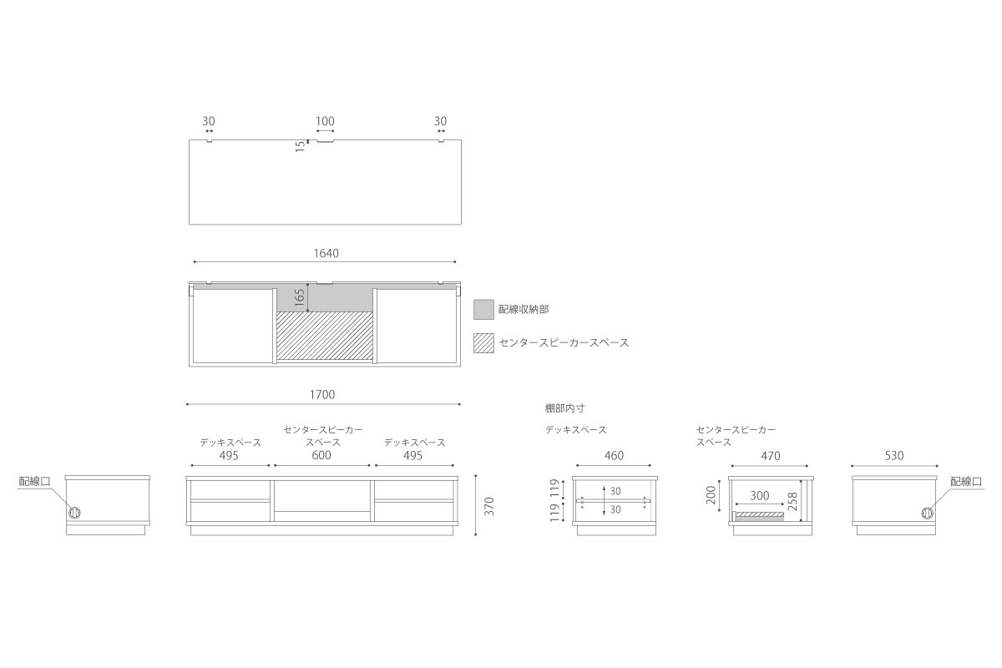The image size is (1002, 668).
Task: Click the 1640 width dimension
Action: (x=326, y=253)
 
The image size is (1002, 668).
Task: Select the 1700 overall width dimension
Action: (x=322, y=395)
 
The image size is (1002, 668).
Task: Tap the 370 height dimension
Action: (x=490, y=507)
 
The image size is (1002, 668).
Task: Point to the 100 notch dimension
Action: (x=325, y=121)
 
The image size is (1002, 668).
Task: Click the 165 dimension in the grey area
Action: (x=299, y=297)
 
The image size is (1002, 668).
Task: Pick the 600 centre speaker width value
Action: (x=321, y=455)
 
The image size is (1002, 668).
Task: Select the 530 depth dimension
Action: (x=894, y=455)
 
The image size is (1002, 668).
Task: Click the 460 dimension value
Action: (x=614, y=455)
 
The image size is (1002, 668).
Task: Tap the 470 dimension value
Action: (x=770, y=455)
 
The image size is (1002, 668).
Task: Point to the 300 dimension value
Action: (x=760, y=496)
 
